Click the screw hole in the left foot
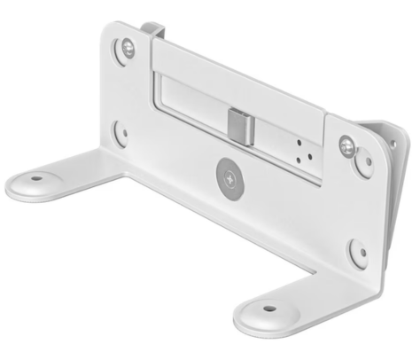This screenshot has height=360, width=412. pos(35,176)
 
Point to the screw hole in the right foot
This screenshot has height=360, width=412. pos(267,310)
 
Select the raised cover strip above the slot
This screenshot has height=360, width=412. pos(230,76)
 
